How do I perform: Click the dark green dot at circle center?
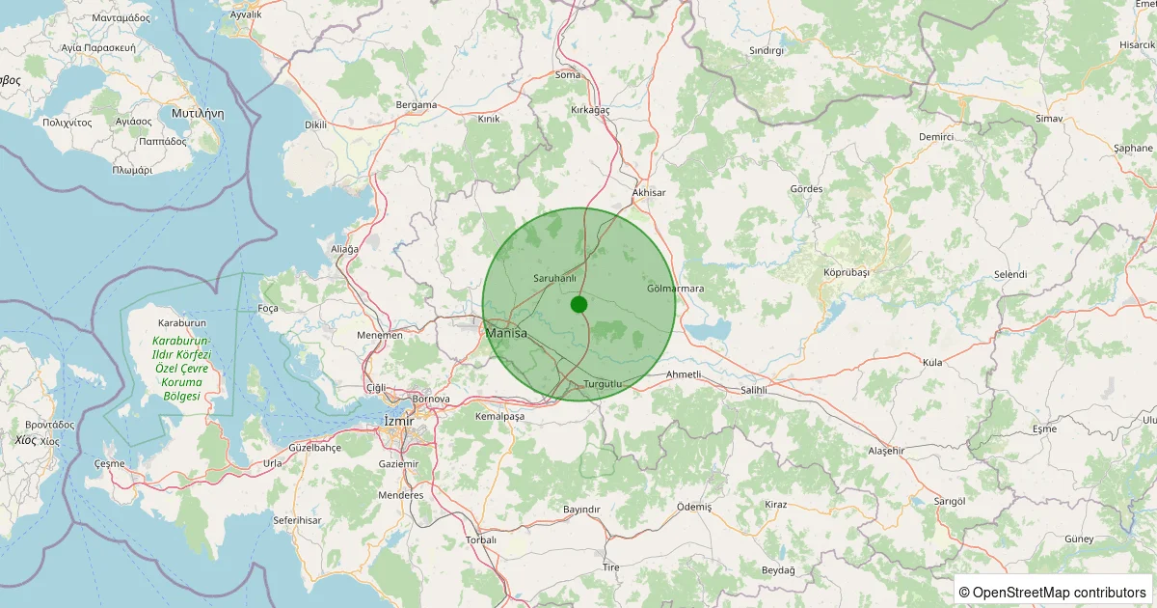pyautogui.click(x=578, y=304)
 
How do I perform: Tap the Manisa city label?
pyautogui.click(x=507, y=333)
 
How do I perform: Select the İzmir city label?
pyautogui.click(x=398, y=421)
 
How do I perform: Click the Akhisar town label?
pyautogui.click(x=649, y=193)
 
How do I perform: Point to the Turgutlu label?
pyautogui.click(x=605, y=384)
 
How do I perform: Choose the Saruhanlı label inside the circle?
pyautogui.click(x=554, y=278)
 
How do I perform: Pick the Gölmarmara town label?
pyautogui.click(x=676, y=289)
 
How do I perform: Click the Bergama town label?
pyautogui.click(x=417, y=104)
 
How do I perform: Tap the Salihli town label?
pyautogui.click(x=753, y=390)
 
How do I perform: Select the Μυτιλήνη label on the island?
pyautogui.click(x=197, y=113)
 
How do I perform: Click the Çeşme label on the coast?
pyautogui.click(x=109, y=464)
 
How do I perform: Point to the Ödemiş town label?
pyautogui.click(x=694, y=507)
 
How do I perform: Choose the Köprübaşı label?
pyautogui.click(x=847, y=272)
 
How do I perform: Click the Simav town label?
pyautogui.click(x=1049, y=118)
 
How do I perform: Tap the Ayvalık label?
pyautogui.click(x=246, y=15)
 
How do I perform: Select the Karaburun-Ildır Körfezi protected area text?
pyautogui.click(x=182, y=369)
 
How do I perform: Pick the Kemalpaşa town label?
pyautogui.click(x=499, y=416)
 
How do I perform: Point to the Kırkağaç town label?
pyautogui.click(x=591, y=111)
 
